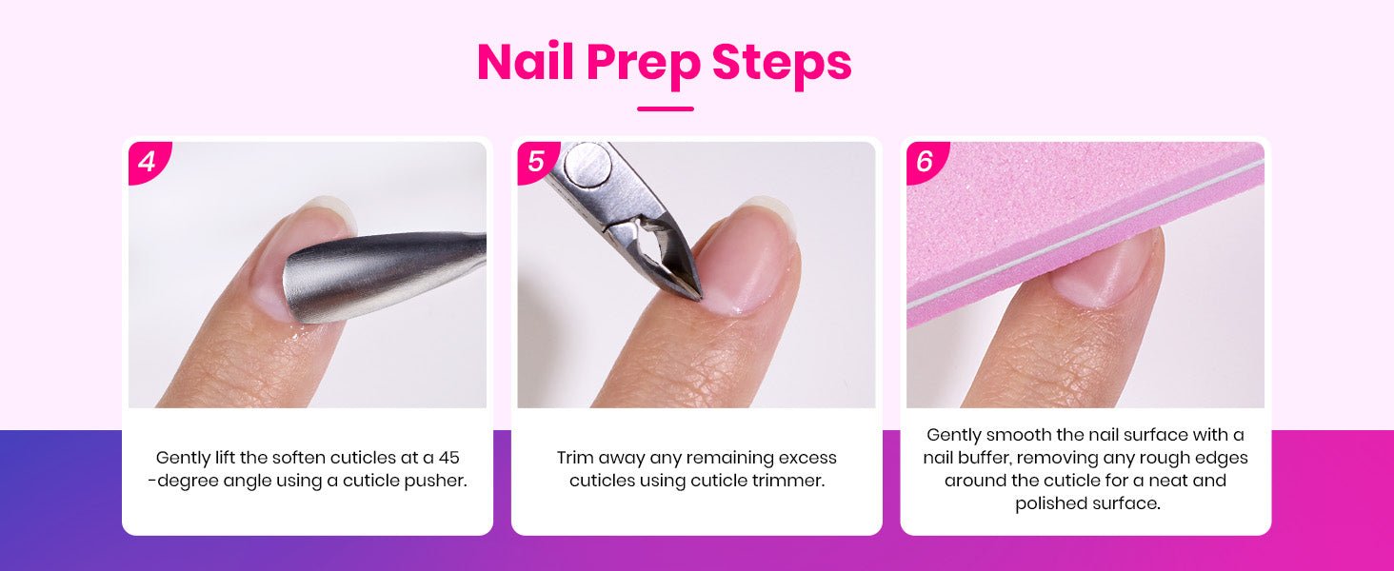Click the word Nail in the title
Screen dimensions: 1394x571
[x=525, y=61]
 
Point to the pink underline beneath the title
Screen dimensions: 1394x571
[x=666, y=108]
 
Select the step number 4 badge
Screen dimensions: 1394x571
[x=149, y=161]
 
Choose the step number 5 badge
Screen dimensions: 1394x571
[x=536, y=161]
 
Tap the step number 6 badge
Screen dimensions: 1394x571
[x=926, y=161]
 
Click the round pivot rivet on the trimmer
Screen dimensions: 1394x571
[x=588, y=166]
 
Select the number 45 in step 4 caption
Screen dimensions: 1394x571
[x=448, y=458]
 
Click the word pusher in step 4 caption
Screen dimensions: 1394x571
[x=435, y=481]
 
